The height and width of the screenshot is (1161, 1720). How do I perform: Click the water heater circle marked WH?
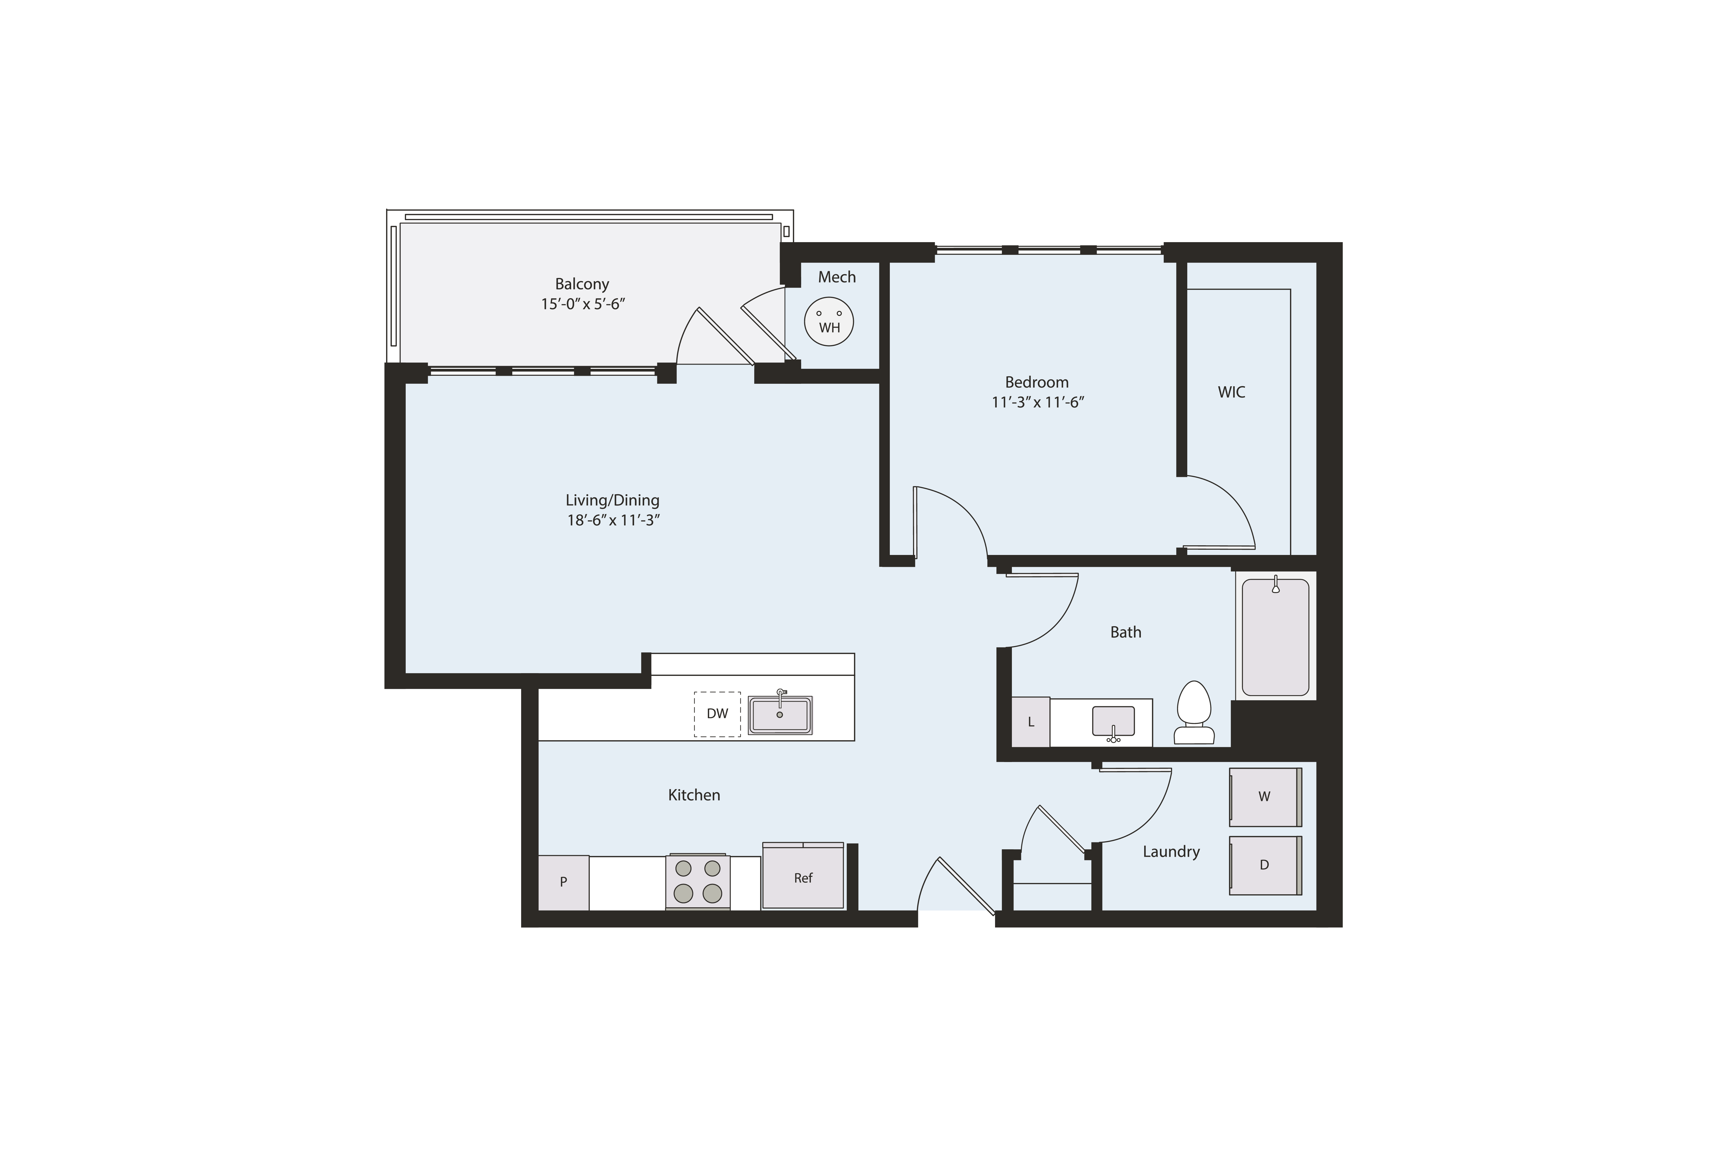pos(829,322)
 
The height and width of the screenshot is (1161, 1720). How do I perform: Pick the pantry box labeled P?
pos(563,882)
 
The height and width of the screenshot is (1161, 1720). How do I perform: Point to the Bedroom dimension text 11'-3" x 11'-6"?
pos(1038,403)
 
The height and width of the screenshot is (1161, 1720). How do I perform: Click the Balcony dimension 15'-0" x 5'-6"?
pos(583,304)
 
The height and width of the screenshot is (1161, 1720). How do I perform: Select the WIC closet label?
pos(1231,392)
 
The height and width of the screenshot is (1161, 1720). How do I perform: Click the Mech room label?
pos(837,277)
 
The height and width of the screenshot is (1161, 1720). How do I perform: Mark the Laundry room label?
pos(1171,852)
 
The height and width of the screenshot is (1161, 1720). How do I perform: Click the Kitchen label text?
pos(694,795)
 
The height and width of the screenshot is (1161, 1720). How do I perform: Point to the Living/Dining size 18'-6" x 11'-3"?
pos(613,520)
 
